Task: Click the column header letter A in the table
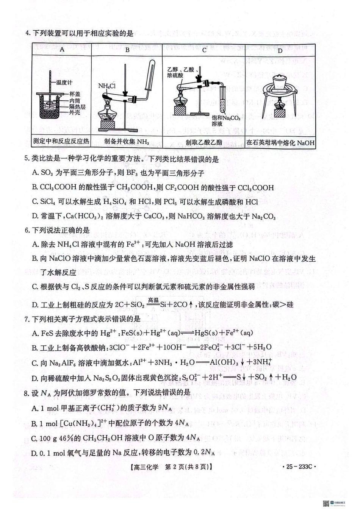[62, 49]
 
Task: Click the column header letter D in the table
[280, 50]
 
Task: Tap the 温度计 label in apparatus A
[64, 82]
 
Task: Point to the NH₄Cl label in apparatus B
[106, 86]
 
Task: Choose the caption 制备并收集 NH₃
[127, 142]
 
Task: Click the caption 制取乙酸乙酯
[203, 142]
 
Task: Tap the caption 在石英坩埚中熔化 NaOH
[280, 143]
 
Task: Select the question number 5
[27, 159]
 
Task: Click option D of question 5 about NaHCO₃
[153, 217]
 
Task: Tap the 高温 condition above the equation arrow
[153, 300]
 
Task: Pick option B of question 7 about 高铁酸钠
[152, 347]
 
